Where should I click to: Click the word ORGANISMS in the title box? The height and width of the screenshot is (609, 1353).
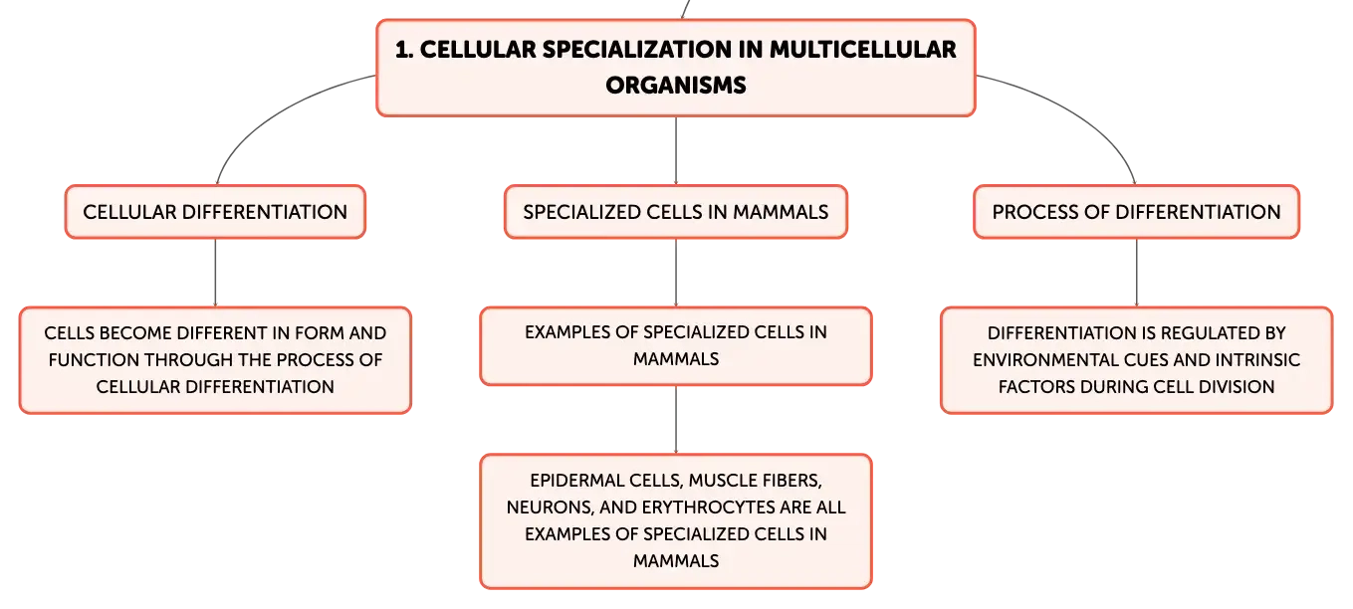(x=676, y=86)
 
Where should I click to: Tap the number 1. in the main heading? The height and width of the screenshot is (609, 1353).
(x=404, y=50)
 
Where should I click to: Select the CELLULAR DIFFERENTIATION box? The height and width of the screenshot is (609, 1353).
(x=215, y=212)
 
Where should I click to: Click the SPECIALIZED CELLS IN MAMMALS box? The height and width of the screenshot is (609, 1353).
(x=676, y=212)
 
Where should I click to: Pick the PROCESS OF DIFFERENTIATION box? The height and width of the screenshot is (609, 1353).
(x=1136, y=212)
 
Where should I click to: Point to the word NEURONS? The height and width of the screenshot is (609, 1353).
(x=550, y=507)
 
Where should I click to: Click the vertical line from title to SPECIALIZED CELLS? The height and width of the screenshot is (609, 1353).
(x=676, y=151)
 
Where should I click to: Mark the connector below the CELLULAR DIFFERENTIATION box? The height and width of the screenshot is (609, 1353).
(x=215, y=273)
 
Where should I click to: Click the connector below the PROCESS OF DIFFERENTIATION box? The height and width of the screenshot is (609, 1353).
(x=1136, y=273)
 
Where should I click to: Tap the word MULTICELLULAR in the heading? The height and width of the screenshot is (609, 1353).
(x=862, y=50)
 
